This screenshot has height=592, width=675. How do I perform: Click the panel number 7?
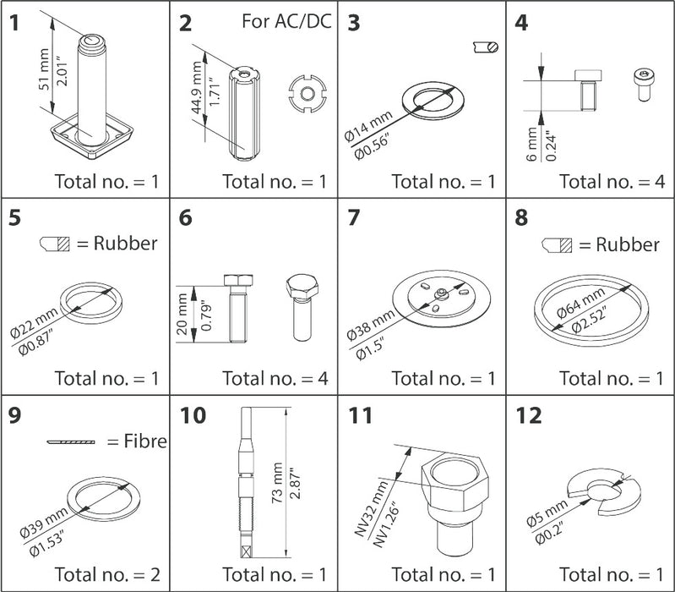click(x=355, y=217)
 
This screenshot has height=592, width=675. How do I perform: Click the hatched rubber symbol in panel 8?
click(x=558, y=246)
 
